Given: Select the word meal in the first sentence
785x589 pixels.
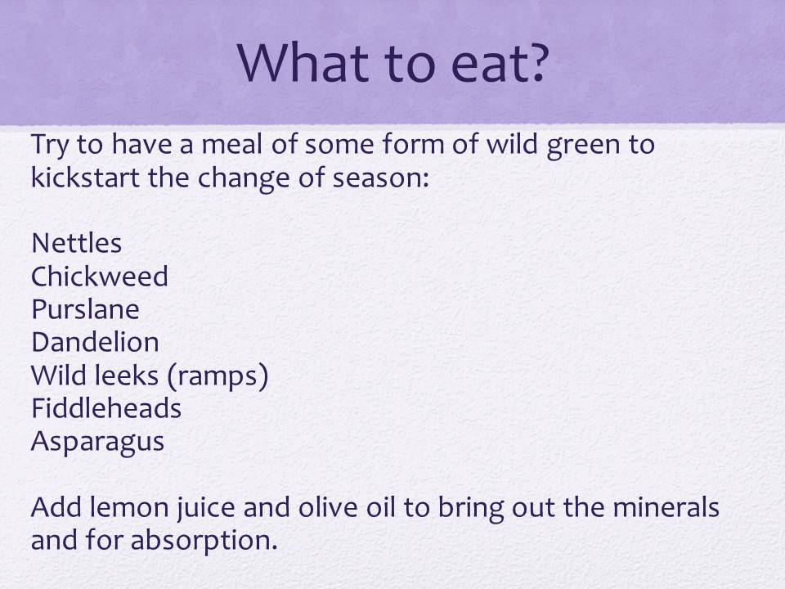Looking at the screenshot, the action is [231, 144].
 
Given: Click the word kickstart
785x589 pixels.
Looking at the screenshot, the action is [85, 177].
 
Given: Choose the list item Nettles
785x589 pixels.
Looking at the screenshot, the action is [77, 244].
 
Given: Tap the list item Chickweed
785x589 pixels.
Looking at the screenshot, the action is [100, 276].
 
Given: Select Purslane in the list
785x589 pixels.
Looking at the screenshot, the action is [85, 309].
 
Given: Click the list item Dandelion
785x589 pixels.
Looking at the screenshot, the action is [95, 342].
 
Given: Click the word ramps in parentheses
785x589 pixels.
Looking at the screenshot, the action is [218, 376].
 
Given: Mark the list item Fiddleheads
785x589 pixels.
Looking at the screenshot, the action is [106, 408].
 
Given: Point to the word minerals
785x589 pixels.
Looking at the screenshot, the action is [666, 507].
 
